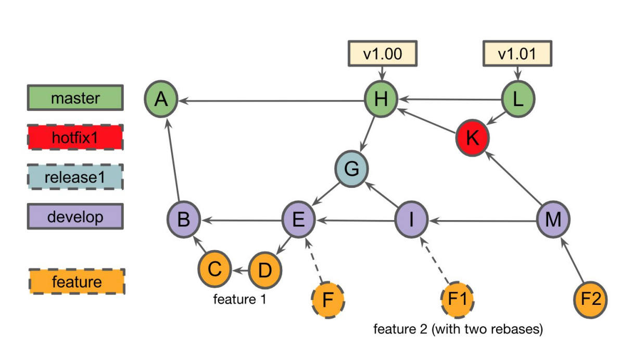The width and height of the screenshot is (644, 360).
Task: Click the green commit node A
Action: (x=161, y=99)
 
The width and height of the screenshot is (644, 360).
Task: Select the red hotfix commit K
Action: (x=472, y=138)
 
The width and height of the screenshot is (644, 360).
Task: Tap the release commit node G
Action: (x=351, y=169)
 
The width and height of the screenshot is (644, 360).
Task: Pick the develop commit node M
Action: (x=553, y=220)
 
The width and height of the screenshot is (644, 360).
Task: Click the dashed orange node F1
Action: (x=457, y=300)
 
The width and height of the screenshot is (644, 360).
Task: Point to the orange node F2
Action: (x=590, y=300)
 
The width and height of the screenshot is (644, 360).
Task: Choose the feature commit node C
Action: (x=214, y=269)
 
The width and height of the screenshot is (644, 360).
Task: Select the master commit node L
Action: (x=518, y=99)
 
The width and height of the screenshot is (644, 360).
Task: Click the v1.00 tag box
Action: (x=383, y=54)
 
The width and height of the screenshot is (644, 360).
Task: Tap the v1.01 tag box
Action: (x=517, y=54)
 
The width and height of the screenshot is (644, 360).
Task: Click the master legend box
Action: (x=75, y=98)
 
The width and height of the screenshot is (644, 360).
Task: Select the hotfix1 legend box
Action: (x=75, y=137)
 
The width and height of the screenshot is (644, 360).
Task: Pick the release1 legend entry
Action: (x=75, y=177)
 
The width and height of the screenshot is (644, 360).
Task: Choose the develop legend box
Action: (x=75, y=216)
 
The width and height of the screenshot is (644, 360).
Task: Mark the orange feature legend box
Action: (x=77, y=281)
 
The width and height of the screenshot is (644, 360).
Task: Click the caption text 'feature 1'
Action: (x=239, y=299)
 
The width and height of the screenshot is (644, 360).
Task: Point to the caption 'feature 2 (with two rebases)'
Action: (x=458, y=329)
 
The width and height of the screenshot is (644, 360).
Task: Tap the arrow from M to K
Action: (x=514, y=178)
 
